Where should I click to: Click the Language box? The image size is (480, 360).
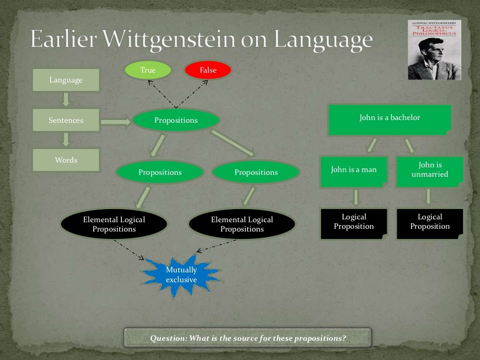click(66, 80)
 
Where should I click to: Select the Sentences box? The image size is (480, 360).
click(66, 120)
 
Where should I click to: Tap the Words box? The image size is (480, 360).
click(66, 160)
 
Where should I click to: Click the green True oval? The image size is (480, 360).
click(148, 70)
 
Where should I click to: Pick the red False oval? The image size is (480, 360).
click(208, 70)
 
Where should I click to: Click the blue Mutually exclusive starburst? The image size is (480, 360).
click(181, 275)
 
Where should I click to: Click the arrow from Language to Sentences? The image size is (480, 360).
click(66, 99)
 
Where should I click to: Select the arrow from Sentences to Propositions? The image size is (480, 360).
click(116, 122)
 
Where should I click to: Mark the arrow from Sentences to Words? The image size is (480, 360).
click(66, 140)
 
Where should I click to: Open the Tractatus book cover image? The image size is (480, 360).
click(434, 50)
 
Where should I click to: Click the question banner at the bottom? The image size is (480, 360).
click(247, 337)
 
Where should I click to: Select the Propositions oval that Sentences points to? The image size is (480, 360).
click(176, 120)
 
